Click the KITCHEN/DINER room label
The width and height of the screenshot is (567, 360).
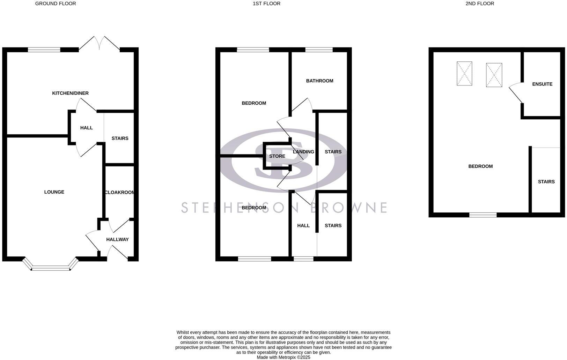70,93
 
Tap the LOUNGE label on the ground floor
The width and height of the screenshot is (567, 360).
54,192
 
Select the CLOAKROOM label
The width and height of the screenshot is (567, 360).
119,192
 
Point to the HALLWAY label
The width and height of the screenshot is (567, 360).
117,239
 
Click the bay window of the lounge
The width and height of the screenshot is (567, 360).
51,267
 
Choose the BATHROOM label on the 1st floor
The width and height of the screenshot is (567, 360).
319,81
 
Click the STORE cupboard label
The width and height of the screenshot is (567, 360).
277,156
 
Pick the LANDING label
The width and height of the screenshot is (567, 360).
303,152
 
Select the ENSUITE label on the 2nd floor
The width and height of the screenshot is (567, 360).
542,84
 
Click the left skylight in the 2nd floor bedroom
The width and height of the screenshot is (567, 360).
464,73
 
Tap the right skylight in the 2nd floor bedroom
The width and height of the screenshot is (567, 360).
494,75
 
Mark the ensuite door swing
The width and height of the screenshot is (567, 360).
515,92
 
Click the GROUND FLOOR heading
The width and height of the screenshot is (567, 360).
56,3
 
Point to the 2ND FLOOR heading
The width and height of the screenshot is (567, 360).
479,3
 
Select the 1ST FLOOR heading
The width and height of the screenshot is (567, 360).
266,3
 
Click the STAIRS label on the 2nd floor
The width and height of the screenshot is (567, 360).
546,182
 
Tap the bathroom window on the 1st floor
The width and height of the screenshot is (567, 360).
319,50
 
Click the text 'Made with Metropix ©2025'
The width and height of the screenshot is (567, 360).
283,357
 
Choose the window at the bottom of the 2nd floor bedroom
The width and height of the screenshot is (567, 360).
483,215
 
